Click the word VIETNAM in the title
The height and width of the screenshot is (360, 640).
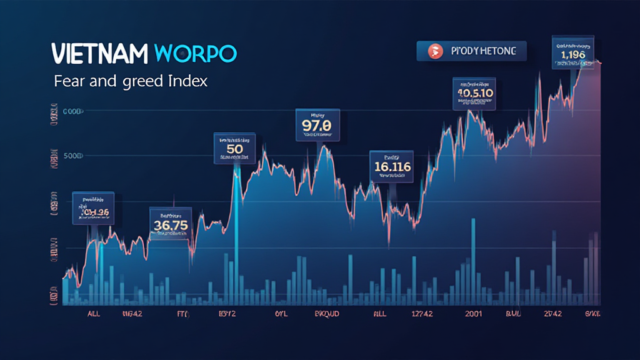point(98,54)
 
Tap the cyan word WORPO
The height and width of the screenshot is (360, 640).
point(194,54)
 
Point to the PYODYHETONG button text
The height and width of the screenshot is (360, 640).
point(483,51)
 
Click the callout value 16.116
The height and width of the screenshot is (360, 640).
point(392,167)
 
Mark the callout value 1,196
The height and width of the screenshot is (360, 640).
point(573,56)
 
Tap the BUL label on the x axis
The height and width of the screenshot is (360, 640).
point(512,314)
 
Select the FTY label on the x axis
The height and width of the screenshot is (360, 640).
point(182,314)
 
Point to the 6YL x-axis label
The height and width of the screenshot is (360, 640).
point(280,314)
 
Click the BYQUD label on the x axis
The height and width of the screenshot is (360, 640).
point(326,314)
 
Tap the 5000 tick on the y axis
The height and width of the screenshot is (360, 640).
point(74,155)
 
